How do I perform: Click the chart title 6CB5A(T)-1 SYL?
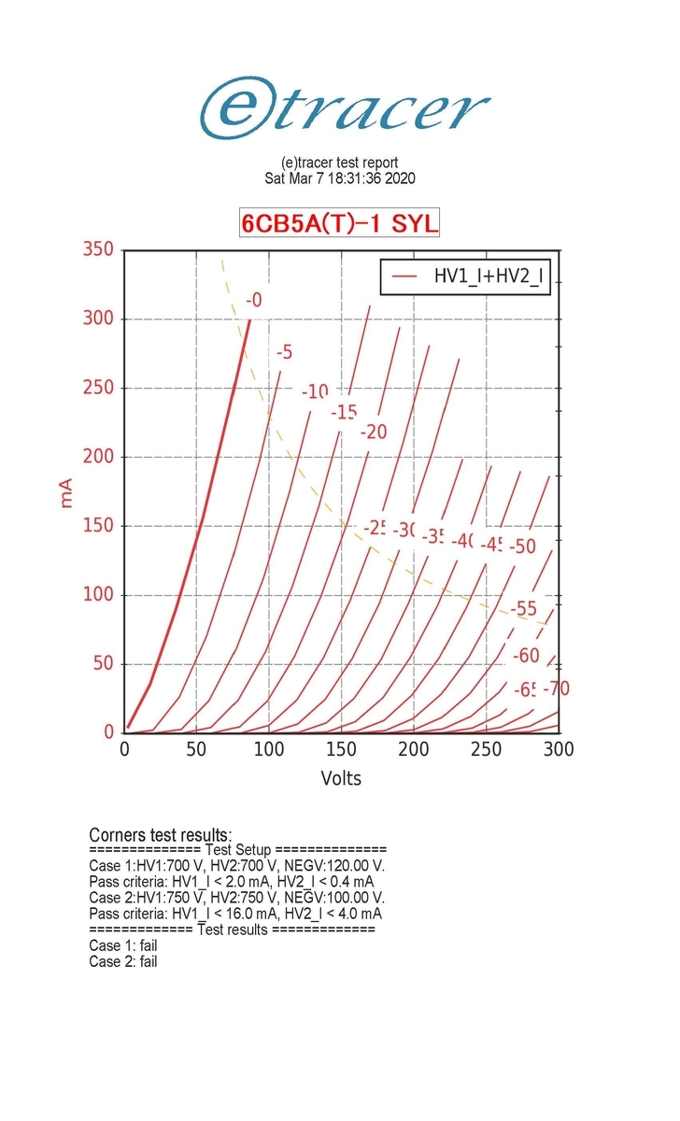pos(339,224)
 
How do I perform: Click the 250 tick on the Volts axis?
pos(486,750)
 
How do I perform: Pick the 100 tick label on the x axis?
pos(269,750)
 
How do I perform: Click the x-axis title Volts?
pos(341,778)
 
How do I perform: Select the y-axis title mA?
pos(66,491)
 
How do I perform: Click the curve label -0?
pos(253,300)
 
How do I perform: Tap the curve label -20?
pos(373,432)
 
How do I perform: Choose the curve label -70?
pos(556,689)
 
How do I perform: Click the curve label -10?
pos(315,391)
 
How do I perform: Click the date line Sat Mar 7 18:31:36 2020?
pos(340,177)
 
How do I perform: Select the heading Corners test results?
pos(161,834)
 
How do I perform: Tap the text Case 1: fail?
pos(123,945)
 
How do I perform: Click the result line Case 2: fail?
pos(123,961)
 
